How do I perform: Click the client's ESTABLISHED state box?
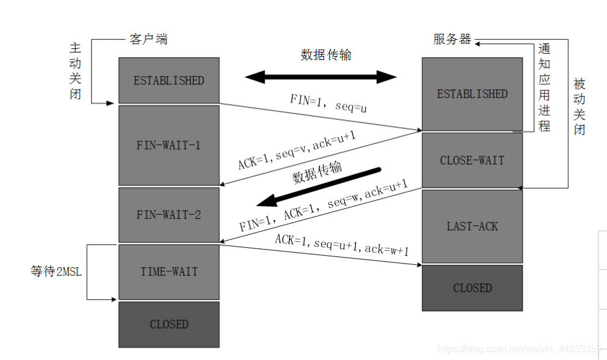[x=168, y=80]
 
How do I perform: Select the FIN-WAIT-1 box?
[x=168, y=145]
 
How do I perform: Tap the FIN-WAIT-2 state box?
[x=168, y=214]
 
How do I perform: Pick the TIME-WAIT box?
[x=168, y=271]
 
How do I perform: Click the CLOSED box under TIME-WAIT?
[x=168, y=324]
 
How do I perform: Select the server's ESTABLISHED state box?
[x=472, y=94]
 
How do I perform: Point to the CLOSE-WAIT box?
[x=472, y=160]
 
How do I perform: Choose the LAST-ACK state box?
[x=472, y=226]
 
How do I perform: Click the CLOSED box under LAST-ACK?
[x=472, y=288]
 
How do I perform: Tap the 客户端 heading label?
[x=148, y=40]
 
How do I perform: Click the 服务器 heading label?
[x=452, y=40]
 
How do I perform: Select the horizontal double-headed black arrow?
[x=320, y=77]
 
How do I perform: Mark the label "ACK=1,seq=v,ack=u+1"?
[x=296, y=151]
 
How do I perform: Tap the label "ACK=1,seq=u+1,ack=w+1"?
[x=342, y=244]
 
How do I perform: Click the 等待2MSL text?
[x=56, y=271]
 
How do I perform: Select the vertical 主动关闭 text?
[x=75, y=71]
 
